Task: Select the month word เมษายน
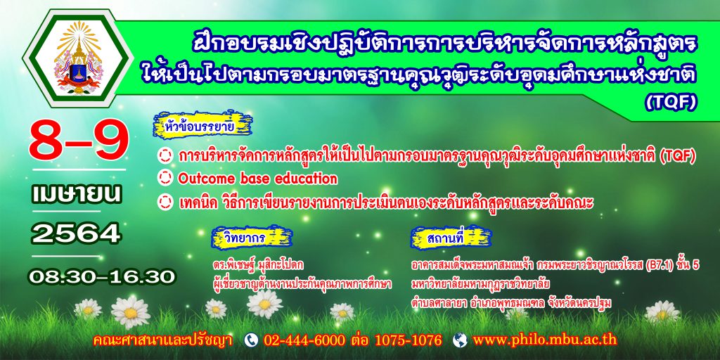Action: (77, 194)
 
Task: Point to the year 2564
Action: (76, 233)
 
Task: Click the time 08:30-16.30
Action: (102, 277)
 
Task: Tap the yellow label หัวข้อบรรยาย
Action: (203, 124)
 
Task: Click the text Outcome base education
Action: (257, 178)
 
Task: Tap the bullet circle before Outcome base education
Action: (165, 178)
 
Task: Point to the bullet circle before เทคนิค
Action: (165, 202)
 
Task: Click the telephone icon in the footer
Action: (251, 340)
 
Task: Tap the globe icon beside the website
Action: (460, 340)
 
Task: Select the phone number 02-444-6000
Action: (304, 340)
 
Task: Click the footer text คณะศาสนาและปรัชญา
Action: (162, 340)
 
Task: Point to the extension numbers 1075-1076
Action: (409, 340)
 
